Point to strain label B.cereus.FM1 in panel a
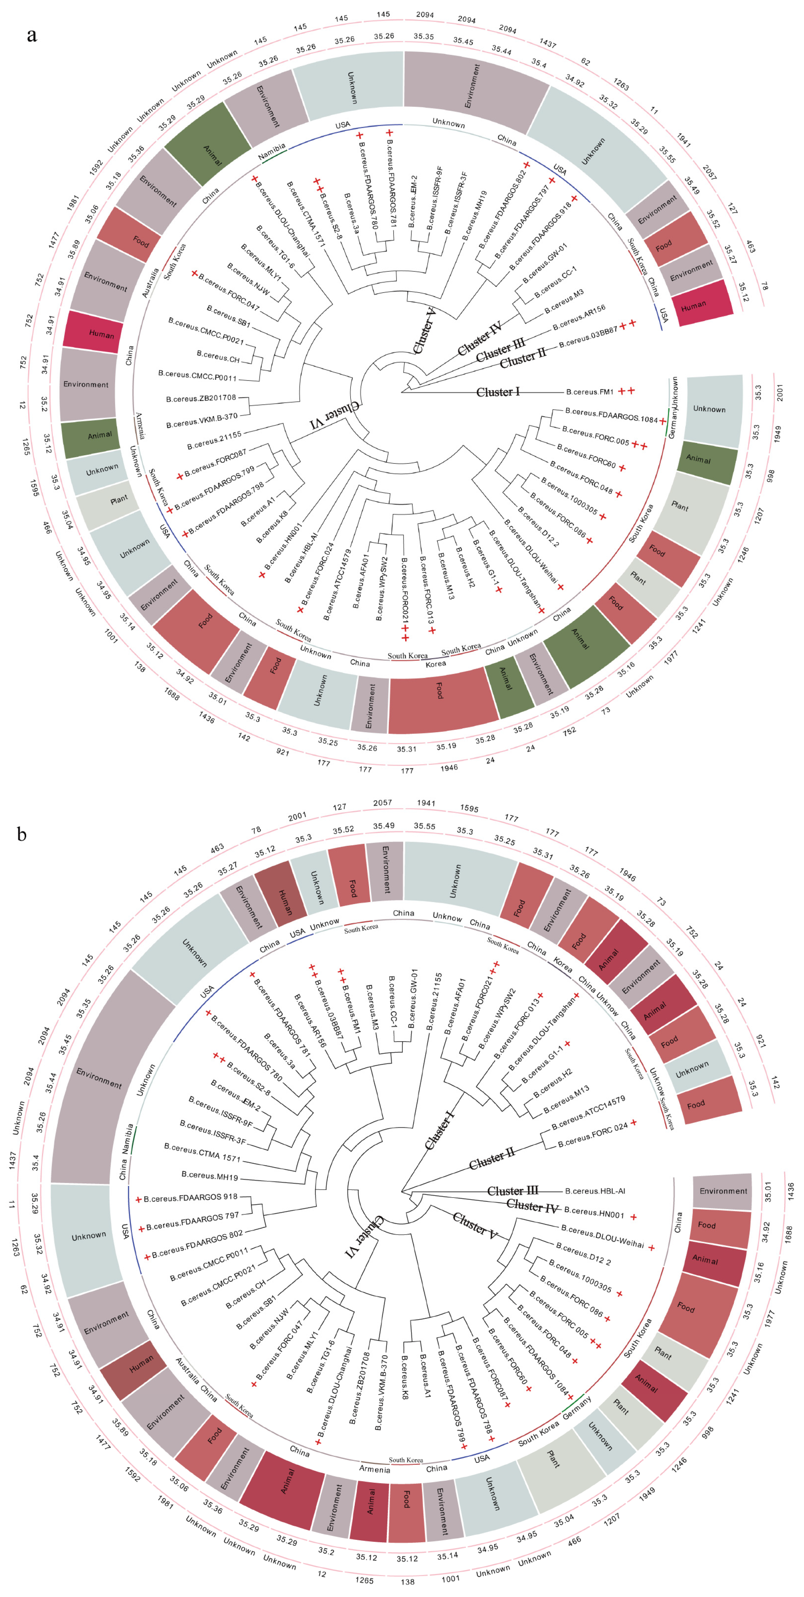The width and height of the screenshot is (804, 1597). pyautogui.click(x=590, y=392)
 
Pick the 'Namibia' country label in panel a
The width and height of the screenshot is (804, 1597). pyautogui.click(x=271, y=152)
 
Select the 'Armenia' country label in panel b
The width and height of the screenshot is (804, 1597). pyautogui.click(x=374, y=1469)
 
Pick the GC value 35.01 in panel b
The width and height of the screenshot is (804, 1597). pyautogui.click(x=767, y=1191)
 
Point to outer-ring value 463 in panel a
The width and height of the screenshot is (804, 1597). pyautogui.click(x=751, y=247)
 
